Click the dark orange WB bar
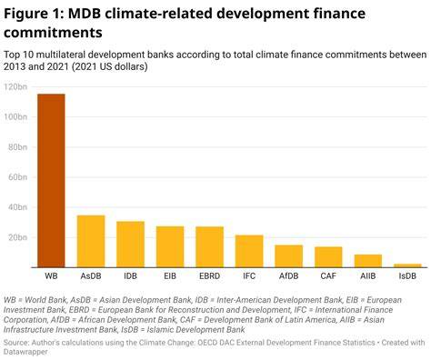(51, 181)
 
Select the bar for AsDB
(91, 242)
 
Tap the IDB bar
(130, 245)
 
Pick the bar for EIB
(170, 247)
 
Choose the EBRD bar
(210, 247)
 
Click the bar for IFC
(249, 251)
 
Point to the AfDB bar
(289, 256)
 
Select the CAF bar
(328, 257)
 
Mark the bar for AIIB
(368, 261)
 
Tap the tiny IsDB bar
(407, 265)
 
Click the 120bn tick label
(15, 87)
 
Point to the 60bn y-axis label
(17, 177)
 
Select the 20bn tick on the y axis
(17, 237)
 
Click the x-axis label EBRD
(209, 276)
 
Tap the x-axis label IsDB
(407, 276)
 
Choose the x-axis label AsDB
(91, 276)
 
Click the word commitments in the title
(53, 33)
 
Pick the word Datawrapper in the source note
(25, 352)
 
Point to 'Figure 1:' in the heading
(34, 14)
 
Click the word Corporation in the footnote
(25, 320)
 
